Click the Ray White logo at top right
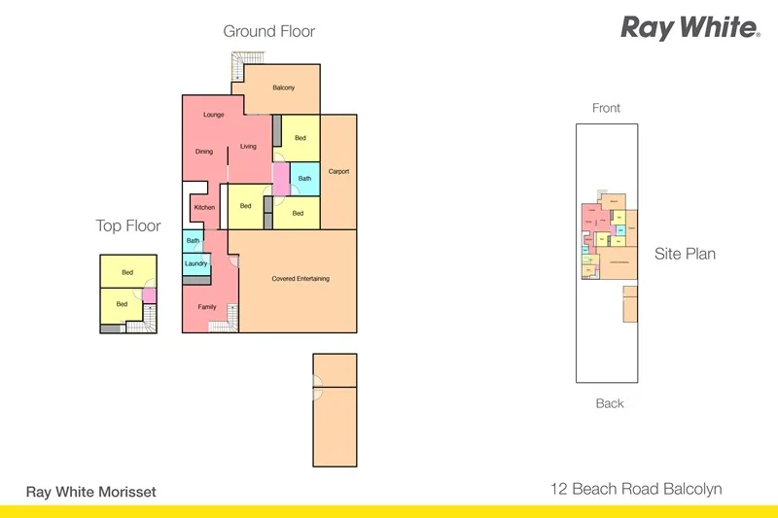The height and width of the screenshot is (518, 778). coord(690,27)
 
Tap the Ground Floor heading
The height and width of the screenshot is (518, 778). coord(269,31)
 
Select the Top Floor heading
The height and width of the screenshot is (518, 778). coord(127,226)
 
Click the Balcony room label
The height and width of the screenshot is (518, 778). coord(284,88)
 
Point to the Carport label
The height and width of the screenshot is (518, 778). coord(338,172)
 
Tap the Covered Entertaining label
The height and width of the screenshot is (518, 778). coord(301,279)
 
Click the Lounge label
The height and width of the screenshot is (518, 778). coord(214,115)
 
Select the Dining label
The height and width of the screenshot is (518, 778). coord(204,152)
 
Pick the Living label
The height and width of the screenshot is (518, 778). coord(249,147)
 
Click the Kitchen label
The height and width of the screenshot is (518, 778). coord(204,208)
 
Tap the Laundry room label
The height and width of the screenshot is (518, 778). coord(195,263)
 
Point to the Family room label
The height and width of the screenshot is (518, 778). coord(207,307)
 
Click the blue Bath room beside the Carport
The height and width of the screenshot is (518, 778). coord(304,179)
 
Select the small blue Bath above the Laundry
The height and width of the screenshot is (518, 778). coord(193,240)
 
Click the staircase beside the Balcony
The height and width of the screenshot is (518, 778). coord(236,66)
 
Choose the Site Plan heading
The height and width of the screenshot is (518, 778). coord(685,255)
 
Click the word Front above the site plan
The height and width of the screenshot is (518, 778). coord(606,108)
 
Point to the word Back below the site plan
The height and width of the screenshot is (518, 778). coord(610,403)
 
